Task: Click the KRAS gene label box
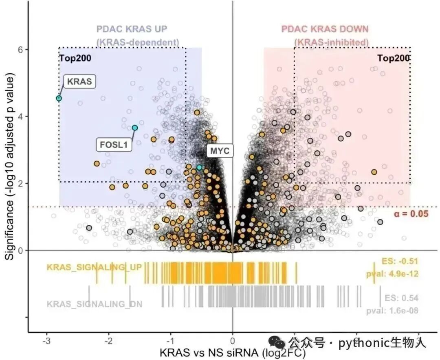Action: pos(79,81)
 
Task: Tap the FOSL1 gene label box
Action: pos(114,145)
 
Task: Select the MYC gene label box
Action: pos(220,151)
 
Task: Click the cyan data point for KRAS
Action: pos(59,98)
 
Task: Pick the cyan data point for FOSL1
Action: pos(135,128)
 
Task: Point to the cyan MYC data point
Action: pos(199,167)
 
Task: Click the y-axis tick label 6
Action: pos(20,49)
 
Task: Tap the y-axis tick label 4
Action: pos(20,116)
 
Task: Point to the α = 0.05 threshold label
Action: pos(411,214)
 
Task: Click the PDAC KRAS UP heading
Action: pos(132,29)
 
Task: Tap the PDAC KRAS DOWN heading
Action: pos(325,29)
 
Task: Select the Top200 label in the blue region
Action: pos(75,58)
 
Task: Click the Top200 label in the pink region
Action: pos(393,58)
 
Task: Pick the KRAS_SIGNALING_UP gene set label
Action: pos(94,267)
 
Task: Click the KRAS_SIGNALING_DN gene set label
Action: pos(95,304)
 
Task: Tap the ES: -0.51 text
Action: pos(400,261)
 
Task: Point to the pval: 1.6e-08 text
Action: pos(392,311)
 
